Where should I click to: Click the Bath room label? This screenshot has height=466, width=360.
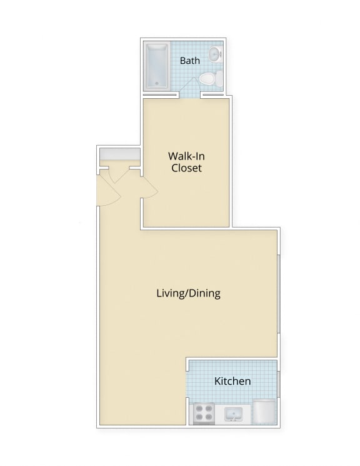189,61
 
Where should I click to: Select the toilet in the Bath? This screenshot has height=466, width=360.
208,79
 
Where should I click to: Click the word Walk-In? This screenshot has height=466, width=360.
184,156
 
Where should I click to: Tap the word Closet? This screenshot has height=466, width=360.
186,168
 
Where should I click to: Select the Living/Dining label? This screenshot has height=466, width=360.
188,293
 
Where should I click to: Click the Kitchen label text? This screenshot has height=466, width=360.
232,381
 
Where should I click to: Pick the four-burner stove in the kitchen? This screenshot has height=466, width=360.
204,413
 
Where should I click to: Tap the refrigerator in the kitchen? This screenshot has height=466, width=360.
264,413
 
